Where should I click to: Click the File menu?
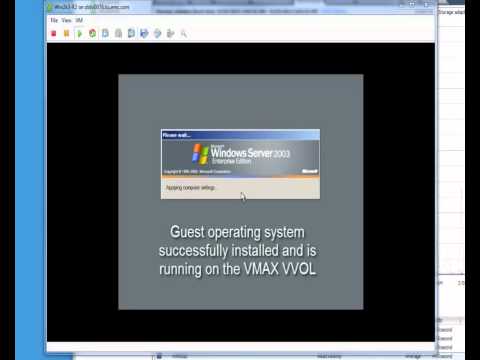(x=55, y=20)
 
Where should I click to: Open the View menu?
(x=66, y=20)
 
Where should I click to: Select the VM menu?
(x=79, y=20)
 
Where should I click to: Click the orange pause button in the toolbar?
(x=66, y=33)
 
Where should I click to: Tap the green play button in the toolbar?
(x=79, y=33)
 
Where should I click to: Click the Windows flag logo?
(x=199, y=154)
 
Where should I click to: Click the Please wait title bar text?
(x=176, y=134)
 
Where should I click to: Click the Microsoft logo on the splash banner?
(x=309, y=171)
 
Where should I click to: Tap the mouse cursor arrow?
(x=213, y=189)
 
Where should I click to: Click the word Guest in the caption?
(x=191, y=232)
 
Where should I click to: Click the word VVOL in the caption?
(x=301, y=270)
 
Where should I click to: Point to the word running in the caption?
(x=182, y=270)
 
